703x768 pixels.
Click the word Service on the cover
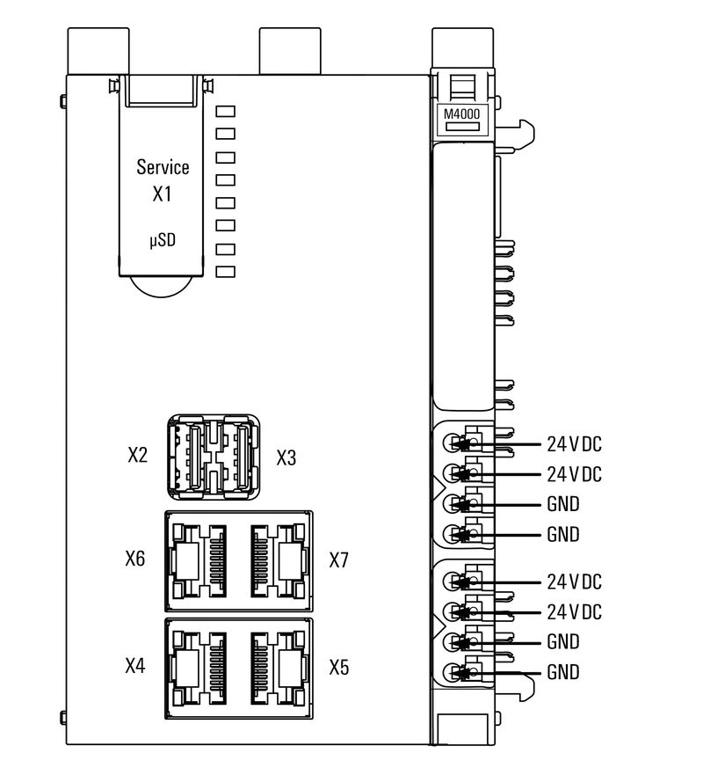coord(163,167)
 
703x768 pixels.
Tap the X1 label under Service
coord(162,194)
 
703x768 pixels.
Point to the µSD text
coord(162,238)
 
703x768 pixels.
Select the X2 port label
coord(136,457)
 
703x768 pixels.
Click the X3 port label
coord(287,457)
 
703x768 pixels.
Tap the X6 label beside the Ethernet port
coord(135,560)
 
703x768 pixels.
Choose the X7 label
coord(339,560)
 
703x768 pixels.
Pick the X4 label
coord(135,666)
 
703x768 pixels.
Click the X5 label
coord(339,667)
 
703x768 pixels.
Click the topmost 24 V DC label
coord(574,443)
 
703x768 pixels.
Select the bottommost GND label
coord(563,673)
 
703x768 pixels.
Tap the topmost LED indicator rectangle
coord(226,111)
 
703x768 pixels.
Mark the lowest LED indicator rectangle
coord(226,271)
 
